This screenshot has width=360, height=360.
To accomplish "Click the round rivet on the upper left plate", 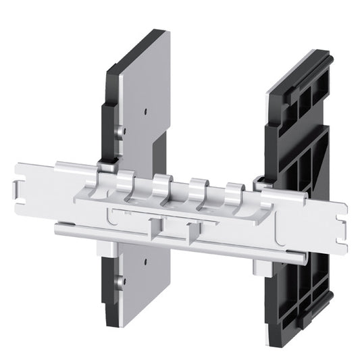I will pyautogui.click(x=120, y=131).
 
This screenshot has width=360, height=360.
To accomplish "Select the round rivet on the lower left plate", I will pyautogui.click(x=120, y=281).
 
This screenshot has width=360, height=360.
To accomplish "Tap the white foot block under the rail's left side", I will pyautogui.click(x=108, y=250).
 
